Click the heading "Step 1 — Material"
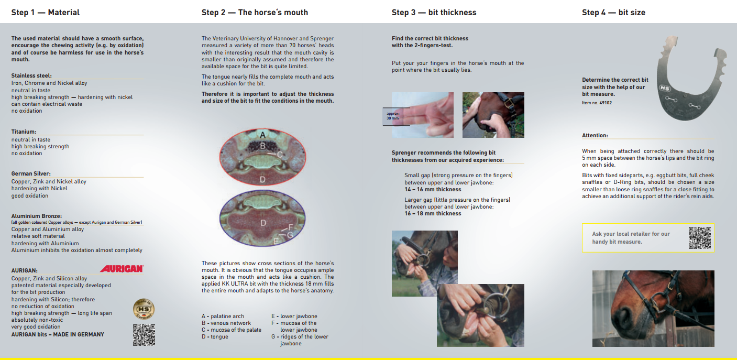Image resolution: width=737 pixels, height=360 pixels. point(46,13)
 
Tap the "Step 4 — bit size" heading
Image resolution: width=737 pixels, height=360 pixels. point(613,13)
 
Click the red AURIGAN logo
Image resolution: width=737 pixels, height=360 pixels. point(122,269)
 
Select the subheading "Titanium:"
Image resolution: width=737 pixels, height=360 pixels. point(24,132)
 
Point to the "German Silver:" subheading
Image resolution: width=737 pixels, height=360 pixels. point(31,173)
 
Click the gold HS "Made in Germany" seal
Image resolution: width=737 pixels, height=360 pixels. point(144,309)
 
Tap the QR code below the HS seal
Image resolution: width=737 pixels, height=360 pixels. point(144,335)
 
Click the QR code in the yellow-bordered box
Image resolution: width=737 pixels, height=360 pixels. point(699,237)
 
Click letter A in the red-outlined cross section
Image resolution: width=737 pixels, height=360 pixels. point(262,135)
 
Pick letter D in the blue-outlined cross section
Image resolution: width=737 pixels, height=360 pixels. point(263,223)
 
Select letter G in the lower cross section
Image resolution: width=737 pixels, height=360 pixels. point(290,235)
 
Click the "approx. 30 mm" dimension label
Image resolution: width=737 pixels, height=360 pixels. point(393,116)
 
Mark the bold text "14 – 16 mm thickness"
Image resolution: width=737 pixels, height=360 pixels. point(433,189)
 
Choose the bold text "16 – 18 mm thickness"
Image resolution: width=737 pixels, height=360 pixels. point(433,213)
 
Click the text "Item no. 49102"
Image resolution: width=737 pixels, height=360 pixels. point(597,103)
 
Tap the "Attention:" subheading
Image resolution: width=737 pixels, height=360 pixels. point(595,135)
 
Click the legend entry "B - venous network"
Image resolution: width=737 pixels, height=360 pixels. point(226,323)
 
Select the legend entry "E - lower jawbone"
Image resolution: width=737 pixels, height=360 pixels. point(294,316)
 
